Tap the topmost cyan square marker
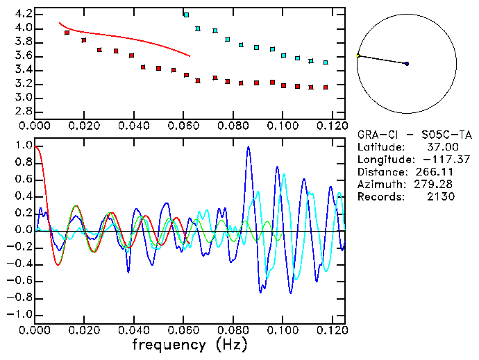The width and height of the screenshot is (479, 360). [x=185, y=15]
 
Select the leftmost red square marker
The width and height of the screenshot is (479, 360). [x=67, y=33]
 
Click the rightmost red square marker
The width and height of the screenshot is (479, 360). [x=326, y=87]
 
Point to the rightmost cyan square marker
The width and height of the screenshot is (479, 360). [x=326, y=62]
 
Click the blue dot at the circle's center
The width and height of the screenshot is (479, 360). [x=407, y=64]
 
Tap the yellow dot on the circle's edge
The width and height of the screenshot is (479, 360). [x=358, y=55]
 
